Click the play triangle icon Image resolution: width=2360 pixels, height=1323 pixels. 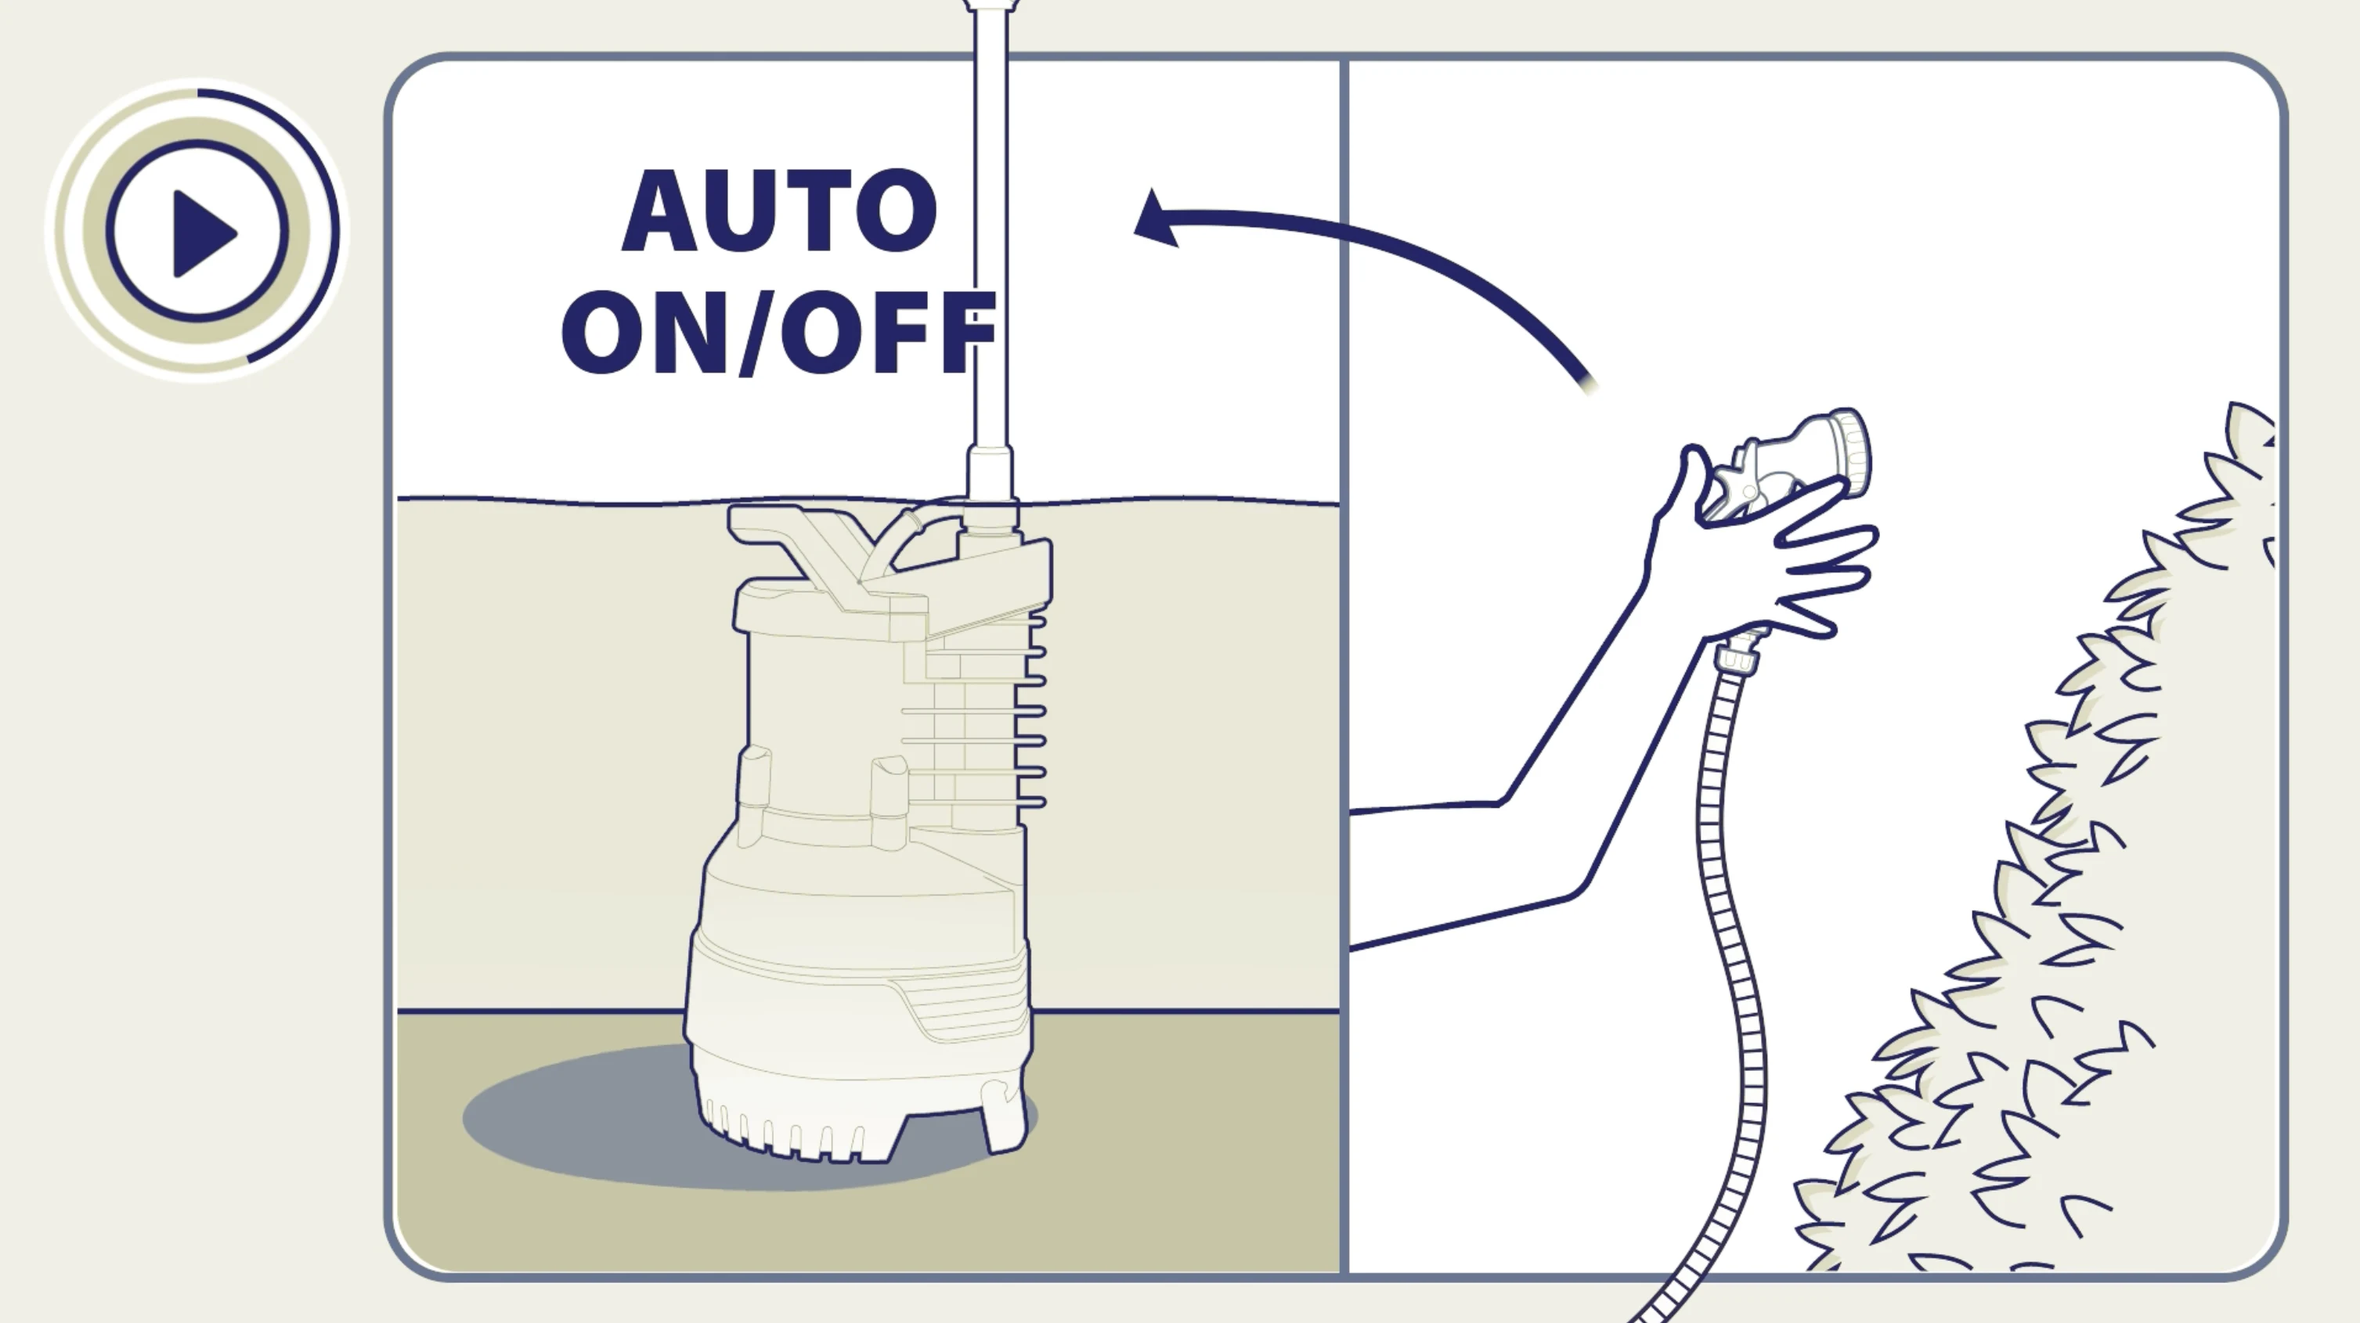pos(204,233)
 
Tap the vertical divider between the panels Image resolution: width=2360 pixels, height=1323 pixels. pos(1344,641)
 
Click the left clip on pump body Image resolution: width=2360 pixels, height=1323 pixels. pos(754,779)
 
